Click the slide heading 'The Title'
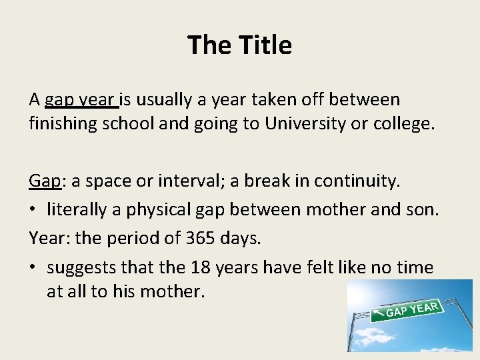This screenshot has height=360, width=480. coord(239,45)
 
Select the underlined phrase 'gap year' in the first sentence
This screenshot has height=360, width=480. coord(81,101)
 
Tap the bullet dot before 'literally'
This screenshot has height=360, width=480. coord(34,210)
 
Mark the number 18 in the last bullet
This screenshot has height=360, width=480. coord(199,267)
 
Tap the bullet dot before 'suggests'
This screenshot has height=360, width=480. coord(34,267)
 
